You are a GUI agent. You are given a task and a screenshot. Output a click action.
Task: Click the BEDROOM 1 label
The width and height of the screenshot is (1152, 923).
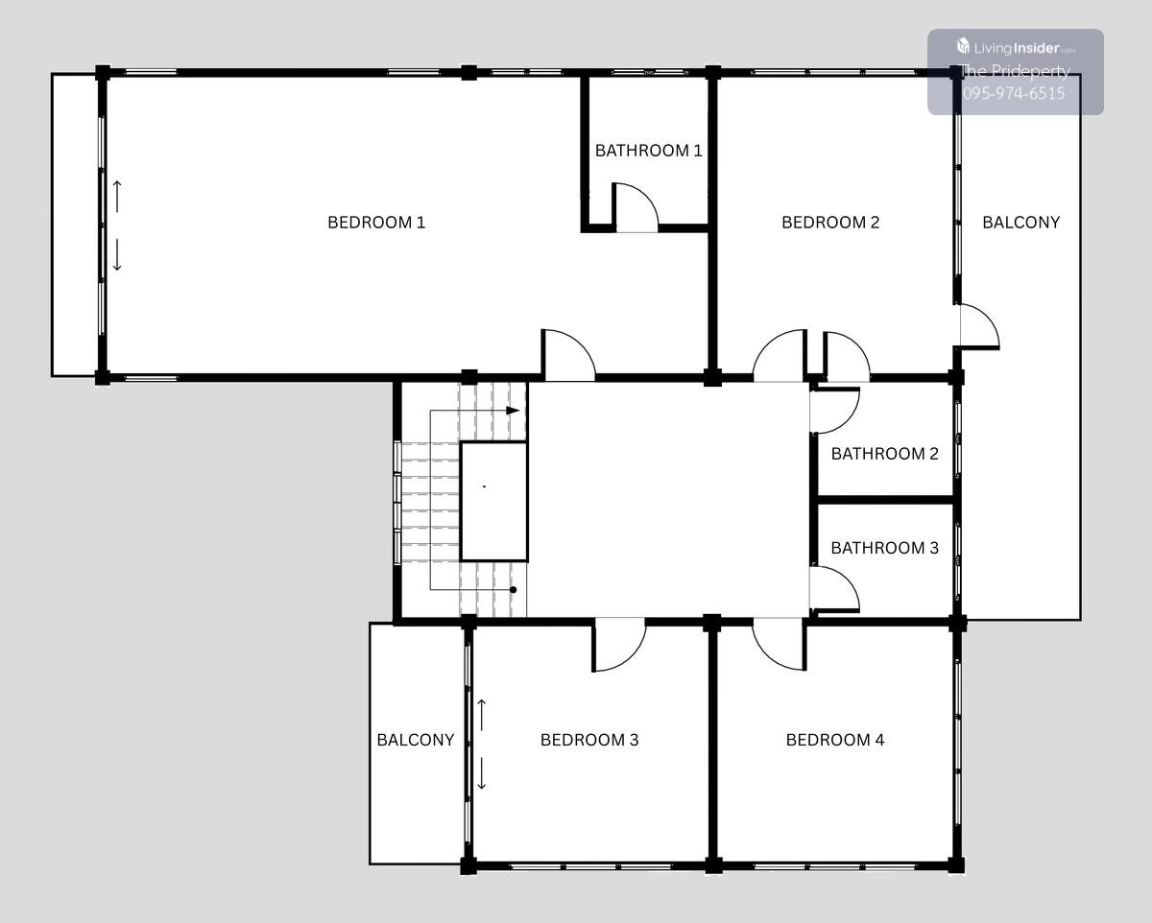[x=376, y=222]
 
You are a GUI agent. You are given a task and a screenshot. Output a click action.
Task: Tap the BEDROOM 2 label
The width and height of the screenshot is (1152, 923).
[x=830, y=222]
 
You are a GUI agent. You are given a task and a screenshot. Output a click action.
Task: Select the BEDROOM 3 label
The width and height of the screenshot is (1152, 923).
[x=589, y=740]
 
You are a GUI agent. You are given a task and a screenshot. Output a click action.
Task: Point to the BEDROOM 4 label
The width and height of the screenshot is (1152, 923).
[x=835, y=740]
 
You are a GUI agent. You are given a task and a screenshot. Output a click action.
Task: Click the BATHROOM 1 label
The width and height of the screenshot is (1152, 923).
[x=648, y=151]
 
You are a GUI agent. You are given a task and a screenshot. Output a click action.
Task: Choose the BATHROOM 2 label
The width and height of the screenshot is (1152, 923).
[x=885, y=454]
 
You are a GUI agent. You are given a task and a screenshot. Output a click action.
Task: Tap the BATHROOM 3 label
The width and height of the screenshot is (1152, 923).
[x=885, y=548]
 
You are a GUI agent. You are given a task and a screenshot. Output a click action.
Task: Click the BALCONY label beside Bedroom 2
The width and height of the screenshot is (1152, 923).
[x=1020, y=222]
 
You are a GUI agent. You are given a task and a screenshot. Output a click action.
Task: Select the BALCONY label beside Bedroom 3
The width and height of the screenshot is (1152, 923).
[x=416, y=740]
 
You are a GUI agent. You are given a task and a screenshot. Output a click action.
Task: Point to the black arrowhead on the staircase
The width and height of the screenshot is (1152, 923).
[x=513, y=411]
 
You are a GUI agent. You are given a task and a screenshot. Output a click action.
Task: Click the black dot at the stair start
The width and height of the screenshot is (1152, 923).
[x=513, y=590]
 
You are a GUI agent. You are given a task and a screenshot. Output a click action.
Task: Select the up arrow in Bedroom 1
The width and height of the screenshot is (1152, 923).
[x=117, y=197]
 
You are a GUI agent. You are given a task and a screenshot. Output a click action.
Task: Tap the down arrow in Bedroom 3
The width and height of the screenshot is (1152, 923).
[x=482, y=773]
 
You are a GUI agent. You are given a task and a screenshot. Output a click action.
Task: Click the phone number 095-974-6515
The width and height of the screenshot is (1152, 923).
[x=1014, y=94]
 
